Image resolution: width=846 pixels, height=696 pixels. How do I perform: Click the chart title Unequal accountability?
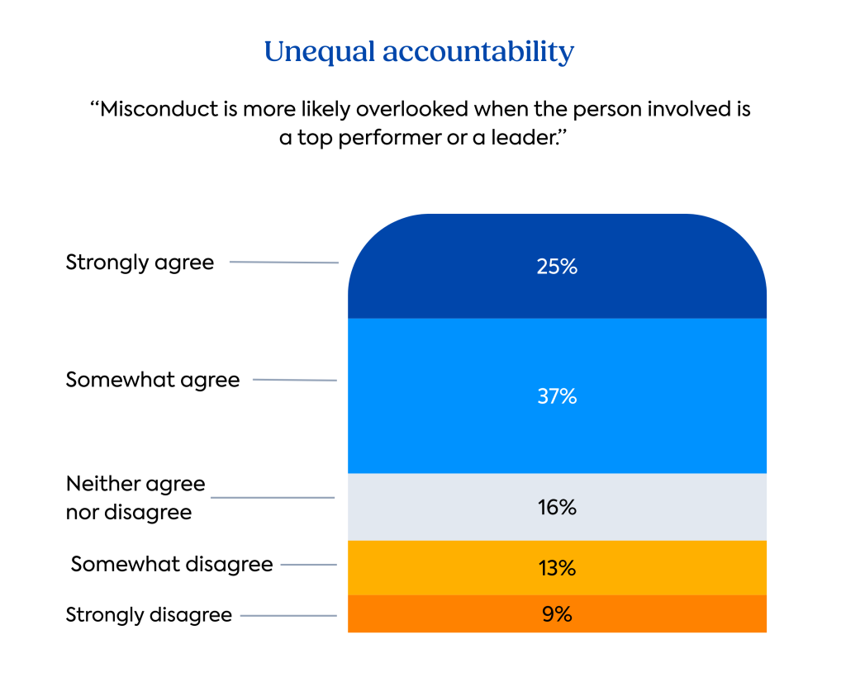click(419, 52)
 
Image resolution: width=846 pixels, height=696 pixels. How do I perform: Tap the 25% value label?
click(557, 267)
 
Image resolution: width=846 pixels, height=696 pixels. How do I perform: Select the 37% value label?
click(557, 396)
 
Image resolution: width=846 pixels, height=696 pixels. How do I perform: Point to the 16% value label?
click(557, 507)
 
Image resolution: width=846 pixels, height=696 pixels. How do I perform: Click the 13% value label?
click(557, 568)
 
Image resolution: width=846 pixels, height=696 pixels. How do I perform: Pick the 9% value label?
click(557, 614)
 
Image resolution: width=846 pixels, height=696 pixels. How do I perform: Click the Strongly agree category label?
click(140, 263)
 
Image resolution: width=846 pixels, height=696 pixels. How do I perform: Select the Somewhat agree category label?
click(153, 380)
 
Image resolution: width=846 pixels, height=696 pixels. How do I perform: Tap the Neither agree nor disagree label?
click(135, 498)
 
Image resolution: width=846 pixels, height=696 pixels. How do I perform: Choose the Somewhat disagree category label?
click(172, 564)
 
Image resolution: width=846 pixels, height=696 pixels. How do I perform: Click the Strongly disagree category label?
click(149, 615)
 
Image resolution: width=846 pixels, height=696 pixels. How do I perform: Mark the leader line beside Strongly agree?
click(283, 263)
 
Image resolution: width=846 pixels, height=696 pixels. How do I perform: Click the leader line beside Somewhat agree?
click(294, 380)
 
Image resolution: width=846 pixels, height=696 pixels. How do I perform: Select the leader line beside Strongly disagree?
click(288, 615)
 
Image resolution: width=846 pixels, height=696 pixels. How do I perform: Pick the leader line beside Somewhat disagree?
click(308, 565)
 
